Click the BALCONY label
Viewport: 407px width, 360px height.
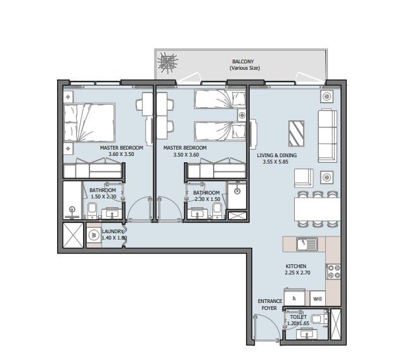pos(243,61)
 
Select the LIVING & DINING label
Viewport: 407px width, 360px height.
pos(276,155)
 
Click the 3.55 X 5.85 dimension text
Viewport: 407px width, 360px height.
pos(275,162)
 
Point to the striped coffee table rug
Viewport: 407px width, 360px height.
pos(296,134)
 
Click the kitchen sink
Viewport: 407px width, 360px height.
pos(307,244)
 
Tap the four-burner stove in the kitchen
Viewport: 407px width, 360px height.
pos(333,271)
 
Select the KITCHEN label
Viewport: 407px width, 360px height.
pos(296,266)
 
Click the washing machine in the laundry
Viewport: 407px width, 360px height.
pos(93,235)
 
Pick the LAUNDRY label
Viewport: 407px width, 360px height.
pos(112,231)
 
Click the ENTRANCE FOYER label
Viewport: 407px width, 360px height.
pos(269,305)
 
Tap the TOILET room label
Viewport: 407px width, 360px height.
pos(298,317)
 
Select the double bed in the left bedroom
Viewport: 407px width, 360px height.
pos(89,123)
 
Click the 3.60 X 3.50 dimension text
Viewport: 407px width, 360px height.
pos(121,154)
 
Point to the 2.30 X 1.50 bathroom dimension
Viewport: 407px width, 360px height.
pos(207,199)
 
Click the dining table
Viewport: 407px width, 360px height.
pos(317,209)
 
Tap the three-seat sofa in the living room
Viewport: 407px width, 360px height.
pos(328,136)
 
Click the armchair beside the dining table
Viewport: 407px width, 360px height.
pos(304,178)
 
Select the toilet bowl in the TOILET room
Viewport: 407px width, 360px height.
pos(320,319)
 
